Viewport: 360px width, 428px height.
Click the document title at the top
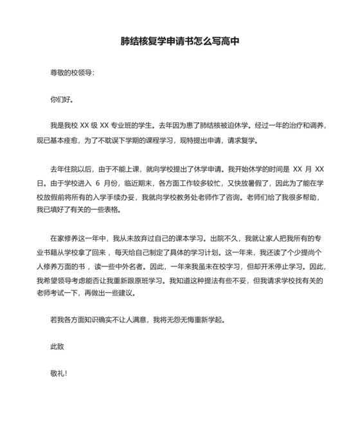pos(180,42)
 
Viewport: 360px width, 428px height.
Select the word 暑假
pos(253,181)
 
